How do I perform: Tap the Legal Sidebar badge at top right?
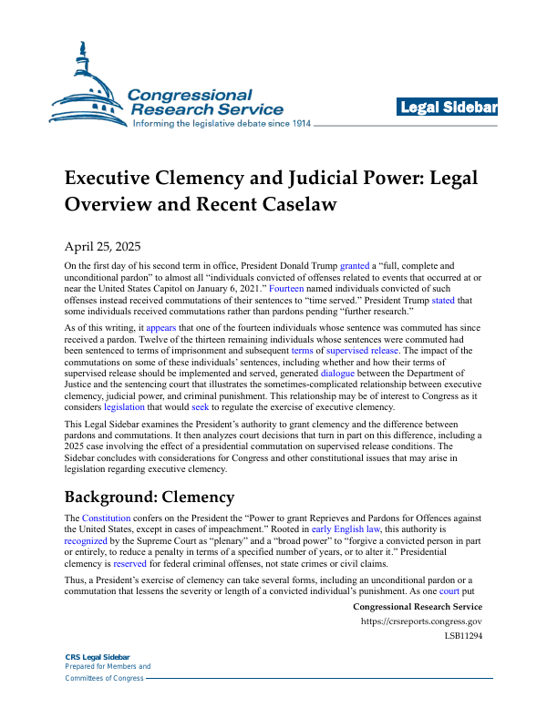pos(448,108)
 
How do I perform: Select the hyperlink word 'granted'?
pos(356,265)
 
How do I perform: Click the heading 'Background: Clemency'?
pos(149,498)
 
